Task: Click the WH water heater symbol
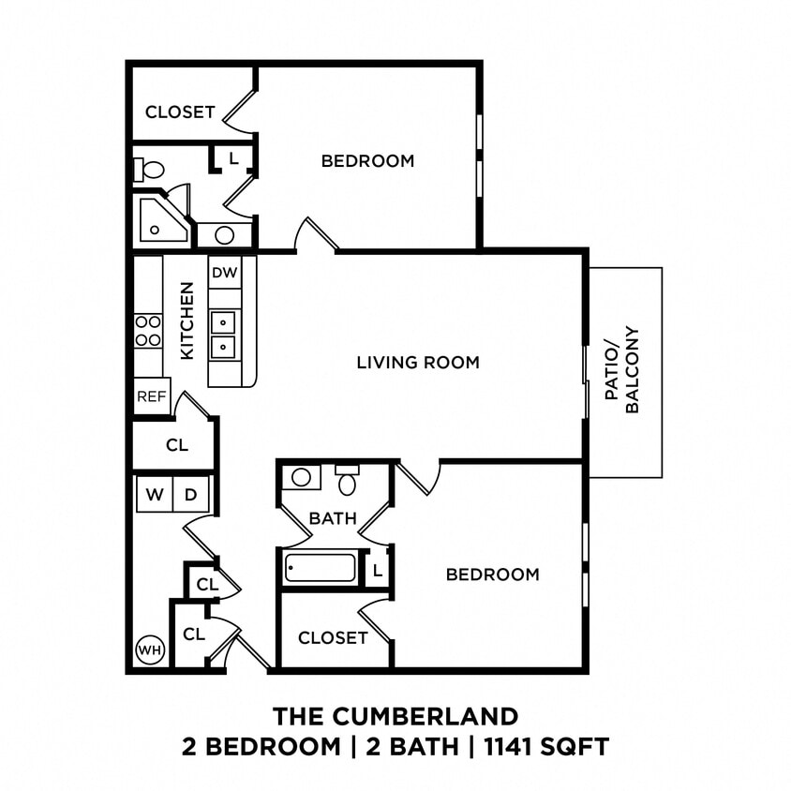pyautogui.click(x=149, y=649)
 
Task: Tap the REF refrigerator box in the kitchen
pyautogui.click(x=152, y=396)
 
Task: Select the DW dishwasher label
pyautogui.click(x=223, y=273)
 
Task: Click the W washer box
pyautogui.click(x=155, y=494)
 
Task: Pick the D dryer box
pyautogui.click(x=190, y=494)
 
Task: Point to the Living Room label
pyautogui.click(x=418, y=362)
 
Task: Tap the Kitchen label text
pyautogui.click(x=187, y=321)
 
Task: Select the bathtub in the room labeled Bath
pyautogui.click(x=321, y=568)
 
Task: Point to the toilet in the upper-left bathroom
pyautogui.click(x=150, y=170)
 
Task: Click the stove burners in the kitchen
pyautogui.click(x=148, y=330)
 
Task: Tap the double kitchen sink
pyautogui.click(x=223, y=335)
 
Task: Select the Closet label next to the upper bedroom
pyautogui.click(x=180, y=112)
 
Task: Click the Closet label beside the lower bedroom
pyautogui.click(x=333, y=637)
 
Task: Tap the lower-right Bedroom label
pyautogui.click(x=492, y=574)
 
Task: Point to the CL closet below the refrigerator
pyautogui.click(x=177, y=445)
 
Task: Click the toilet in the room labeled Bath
pyautogui.click(x=348, y=483)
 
